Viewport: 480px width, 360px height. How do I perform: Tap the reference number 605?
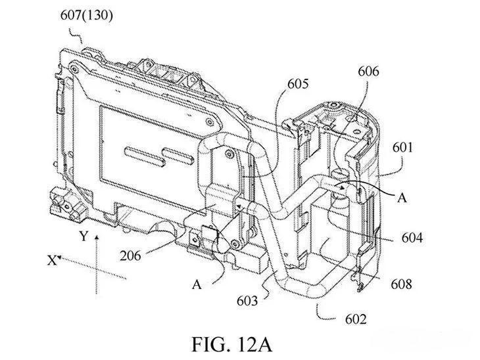(x=297, y=84)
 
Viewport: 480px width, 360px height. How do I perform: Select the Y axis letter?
(x=82, y=235)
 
